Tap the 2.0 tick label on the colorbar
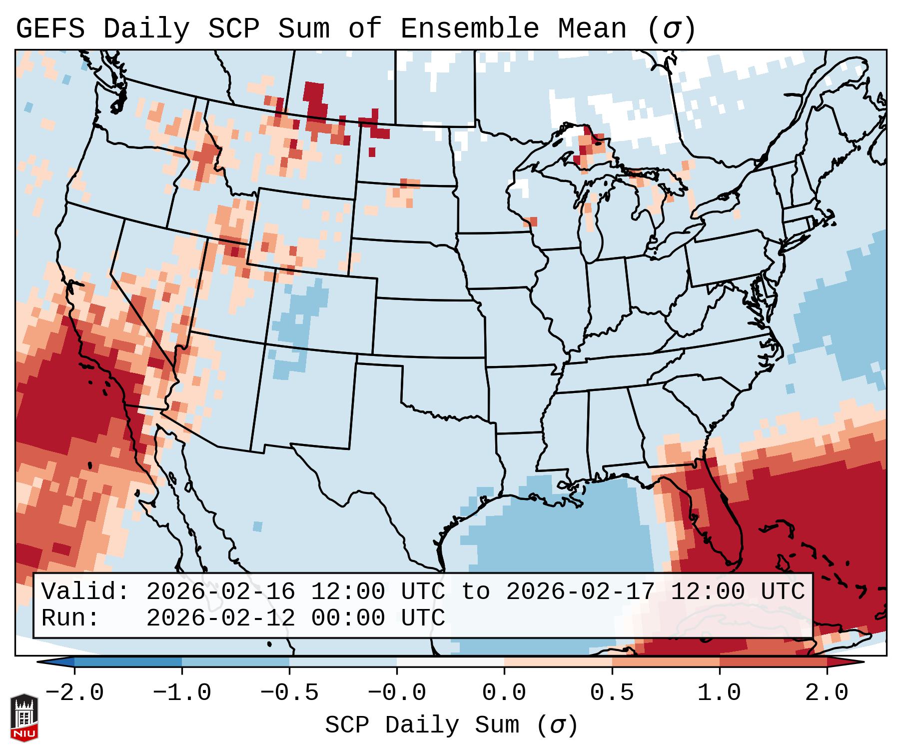pos(827,693)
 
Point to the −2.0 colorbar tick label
pos(74,693)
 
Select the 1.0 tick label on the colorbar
pos(719,693)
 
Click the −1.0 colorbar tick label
pos(182,693)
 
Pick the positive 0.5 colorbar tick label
pos(612,693)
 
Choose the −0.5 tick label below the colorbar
pos(289,693)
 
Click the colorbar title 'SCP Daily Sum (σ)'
pos(451,725)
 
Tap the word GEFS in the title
pos(50,28)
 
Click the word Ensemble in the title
pos(469,28)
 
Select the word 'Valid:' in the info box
pos(85,591)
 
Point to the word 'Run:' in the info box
pos(70,618)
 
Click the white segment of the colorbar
pos(450,662)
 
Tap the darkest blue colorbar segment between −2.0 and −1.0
pos(128,662)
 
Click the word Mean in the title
pos(592,28)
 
